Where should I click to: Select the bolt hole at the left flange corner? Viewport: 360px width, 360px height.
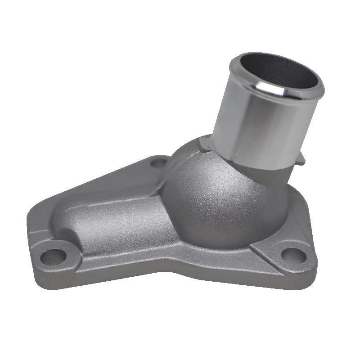pyautogui.click(x=53, y=257)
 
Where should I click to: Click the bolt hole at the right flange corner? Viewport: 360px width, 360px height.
pyautogui.click(x=293, y=255)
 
